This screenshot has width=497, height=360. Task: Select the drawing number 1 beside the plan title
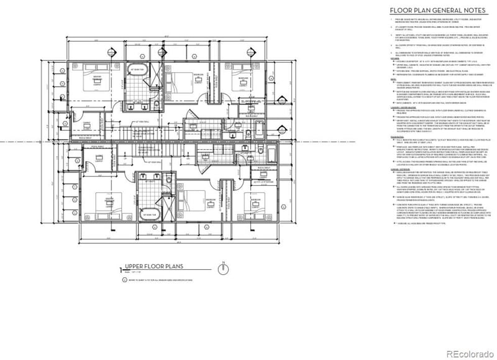pos(121,270)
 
